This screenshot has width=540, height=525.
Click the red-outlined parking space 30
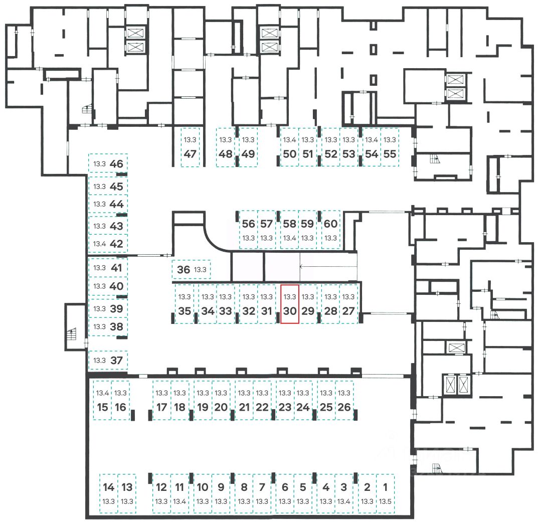click(x=290, y=304)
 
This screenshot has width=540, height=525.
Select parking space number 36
click(x=191, y=269)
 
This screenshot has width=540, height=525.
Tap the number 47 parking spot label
click(x=190, y=154)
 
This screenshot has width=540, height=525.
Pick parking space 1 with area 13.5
click(x=386, y=493)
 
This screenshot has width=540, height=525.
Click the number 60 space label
click(x=330, y=224)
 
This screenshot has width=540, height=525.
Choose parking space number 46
click(x=108, y=163)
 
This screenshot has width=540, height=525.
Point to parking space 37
click(x=108, y=361)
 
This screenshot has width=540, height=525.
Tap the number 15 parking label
click(x=103, y=407)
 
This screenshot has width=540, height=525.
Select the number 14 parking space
click(x=108, y=493)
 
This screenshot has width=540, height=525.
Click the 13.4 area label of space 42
click(x=100, y=244)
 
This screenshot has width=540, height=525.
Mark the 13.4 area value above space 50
click(x=290, y=140)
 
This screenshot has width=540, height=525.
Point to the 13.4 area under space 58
click(x=290, y=238)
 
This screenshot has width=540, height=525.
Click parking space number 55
click(x=390, y=147)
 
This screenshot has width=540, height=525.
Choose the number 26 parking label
click(x=344, y=407)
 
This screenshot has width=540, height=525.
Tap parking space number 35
click(x=185, y=304)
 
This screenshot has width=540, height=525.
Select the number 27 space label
click(x=348, y=311)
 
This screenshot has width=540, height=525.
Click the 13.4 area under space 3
click(x=343, y=501)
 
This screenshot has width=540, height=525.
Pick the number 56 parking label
click(x=248, y=224)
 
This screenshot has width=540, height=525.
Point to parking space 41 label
click(x=116, y=268)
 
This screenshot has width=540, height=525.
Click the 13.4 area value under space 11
click(x=179, y=501)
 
